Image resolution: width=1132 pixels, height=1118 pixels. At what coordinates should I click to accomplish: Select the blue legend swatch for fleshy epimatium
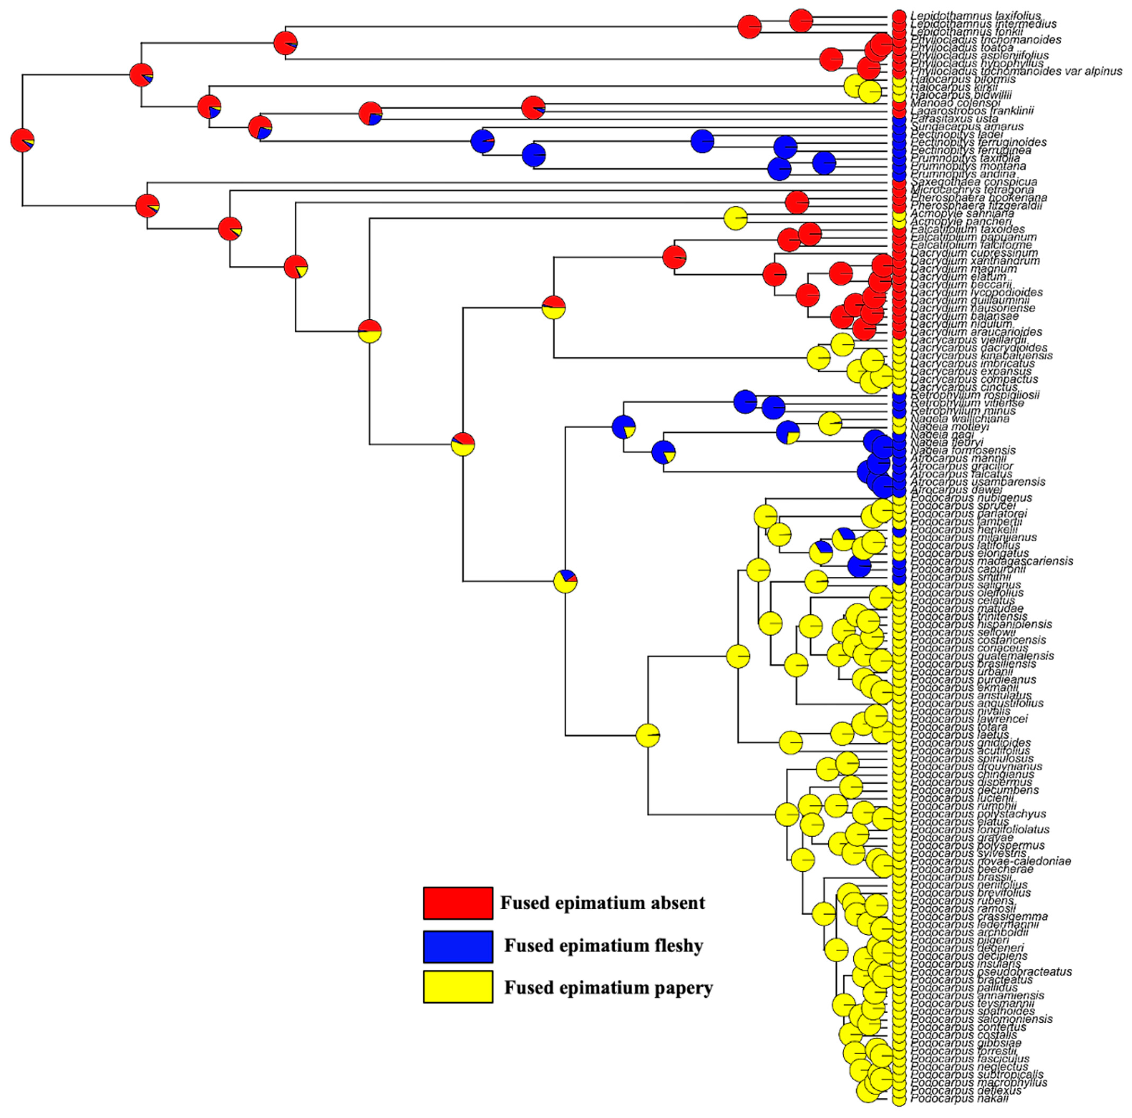tap(458, 946)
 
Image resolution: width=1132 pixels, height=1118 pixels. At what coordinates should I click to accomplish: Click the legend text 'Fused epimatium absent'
tap(602, 903)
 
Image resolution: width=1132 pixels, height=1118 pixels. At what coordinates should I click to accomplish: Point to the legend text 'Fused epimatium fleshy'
tap(604, 946)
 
